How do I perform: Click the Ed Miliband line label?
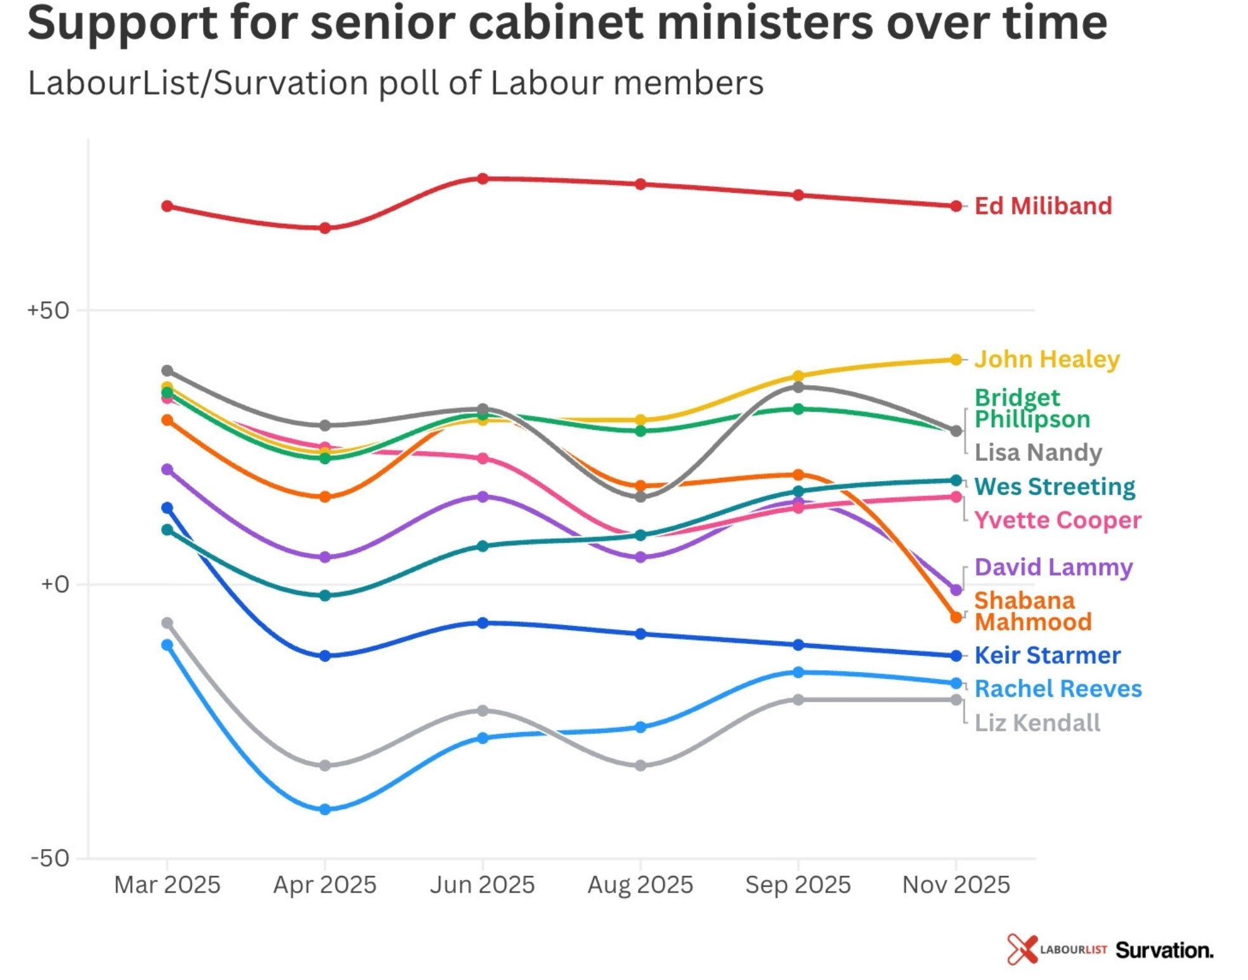click(1043, 206)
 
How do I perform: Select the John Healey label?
click(1046, 359)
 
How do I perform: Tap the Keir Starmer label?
click(1047, 655)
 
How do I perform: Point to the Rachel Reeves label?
click(1058, 689)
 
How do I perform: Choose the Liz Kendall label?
click(1037, 723)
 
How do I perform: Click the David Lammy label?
click(1053, 567)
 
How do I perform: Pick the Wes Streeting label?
click(1054, 487)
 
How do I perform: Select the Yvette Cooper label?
click(1057, 520)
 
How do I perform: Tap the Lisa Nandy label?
click(1037, 453)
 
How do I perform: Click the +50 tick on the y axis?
click(48, 311)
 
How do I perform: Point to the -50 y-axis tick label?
click(50, 858)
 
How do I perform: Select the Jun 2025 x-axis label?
click(482, 885)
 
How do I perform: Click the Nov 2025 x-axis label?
click(956, 885)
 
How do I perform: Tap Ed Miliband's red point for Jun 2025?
click(483, 179)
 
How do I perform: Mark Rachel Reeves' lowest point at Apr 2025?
click(325, 809)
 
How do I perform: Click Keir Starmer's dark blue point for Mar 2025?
click(167, 508)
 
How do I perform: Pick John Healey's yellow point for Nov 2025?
click(956, 360)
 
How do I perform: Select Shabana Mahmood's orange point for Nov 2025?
click(956, 617)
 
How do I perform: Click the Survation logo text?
click(1164, 950)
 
